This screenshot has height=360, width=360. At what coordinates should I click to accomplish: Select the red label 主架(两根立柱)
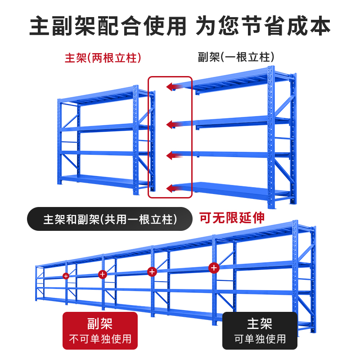coord(103,58)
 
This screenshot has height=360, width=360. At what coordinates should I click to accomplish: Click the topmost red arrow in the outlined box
coord(173,86)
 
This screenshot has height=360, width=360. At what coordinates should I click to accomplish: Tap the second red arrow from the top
coord(173,124)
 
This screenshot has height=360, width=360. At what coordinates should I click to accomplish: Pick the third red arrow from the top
coord(173,156)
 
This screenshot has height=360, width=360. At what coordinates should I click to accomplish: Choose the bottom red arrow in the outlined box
coord(173,188)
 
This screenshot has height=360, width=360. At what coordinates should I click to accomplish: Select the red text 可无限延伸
coord(232,218)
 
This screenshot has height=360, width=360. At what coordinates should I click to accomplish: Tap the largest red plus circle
coord(214,268)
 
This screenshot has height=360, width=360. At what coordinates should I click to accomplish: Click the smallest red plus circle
coord(66,275)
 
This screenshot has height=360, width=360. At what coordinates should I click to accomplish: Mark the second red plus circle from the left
coord(102,274)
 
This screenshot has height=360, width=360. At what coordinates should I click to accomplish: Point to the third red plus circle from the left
coord(152,271)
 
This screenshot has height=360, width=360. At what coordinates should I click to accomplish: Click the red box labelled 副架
coord(100,331)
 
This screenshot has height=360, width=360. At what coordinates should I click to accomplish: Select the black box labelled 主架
coord(260,331)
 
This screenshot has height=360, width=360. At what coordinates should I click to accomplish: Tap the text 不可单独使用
coord(100,339)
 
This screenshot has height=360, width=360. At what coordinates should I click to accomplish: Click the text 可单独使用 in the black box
coord(260,339)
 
